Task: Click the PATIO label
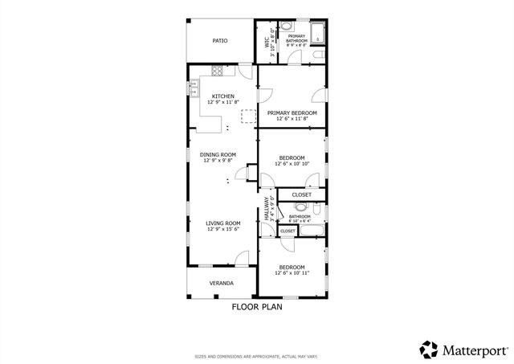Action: point(219,39)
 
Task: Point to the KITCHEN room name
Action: point(222,96)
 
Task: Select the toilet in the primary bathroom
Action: point(319,55)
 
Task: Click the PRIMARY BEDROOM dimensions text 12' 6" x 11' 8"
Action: point(292,119)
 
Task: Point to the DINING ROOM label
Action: point(218,154)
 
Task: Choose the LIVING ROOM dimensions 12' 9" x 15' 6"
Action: point(222,229)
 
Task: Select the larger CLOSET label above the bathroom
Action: point(301,194)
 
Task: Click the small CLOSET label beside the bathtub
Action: point(287,231)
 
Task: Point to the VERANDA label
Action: point(222,284)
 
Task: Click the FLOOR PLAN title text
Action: point(257,306)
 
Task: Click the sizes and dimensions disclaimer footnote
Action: point(256,356)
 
